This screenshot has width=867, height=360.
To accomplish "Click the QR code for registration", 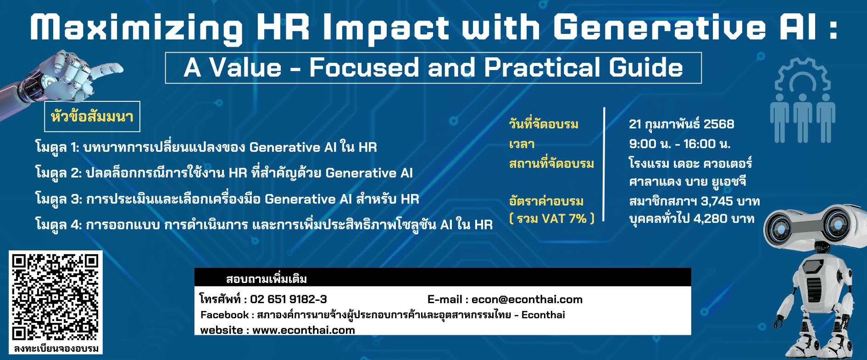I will coord(55,297).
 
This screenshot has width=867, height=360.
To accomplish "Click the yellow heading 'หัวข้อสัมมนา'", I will coord(92,116).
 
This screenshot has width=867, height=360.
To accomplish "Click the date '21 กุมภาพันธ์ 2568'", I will coord(681,124).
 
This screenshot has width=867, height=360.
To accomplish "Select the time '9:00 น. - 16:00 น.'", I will coord(679,144).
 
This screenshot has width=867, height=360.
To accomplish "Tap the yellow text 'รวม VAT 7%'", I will coord(551,218).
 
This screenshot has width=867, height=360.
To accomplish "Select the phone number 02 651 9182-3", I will coord(288,299).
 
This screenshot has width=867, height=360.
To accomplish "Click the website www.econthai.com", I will coord(303,330).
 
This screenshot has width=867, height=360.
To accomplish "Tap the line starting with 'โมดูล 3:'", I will coord(227,199).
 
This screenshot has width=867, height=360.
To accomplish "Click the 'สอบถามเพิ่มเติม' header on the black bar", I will coord(266,278).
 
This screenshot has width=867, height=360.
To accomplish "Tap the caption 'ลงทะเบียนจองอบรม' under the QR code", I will coord(56,349).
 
